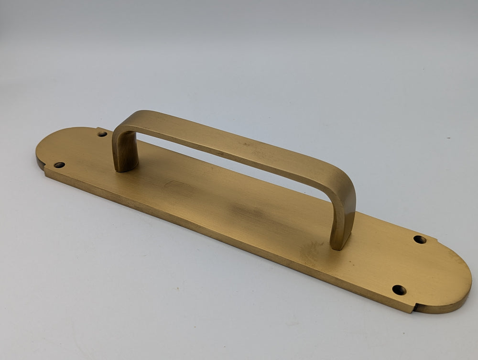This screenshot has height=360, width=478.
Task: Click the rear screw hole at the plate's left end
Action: pyautogui.click(x=102, y=134)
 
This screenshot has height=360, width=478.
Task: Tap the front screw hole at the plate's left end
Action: pyautogui.click(x=59, y=165)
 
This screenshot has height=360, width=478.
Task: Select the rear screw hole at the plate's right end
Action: pyautogui.click(x=420, y=239)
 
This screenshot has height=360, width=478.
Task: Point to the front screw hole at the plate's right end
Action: pyautogui.click(x=399, y=290)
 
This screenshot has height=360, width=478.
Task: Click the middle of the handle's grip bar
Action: pyautogui.click(x=229, y=143)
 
